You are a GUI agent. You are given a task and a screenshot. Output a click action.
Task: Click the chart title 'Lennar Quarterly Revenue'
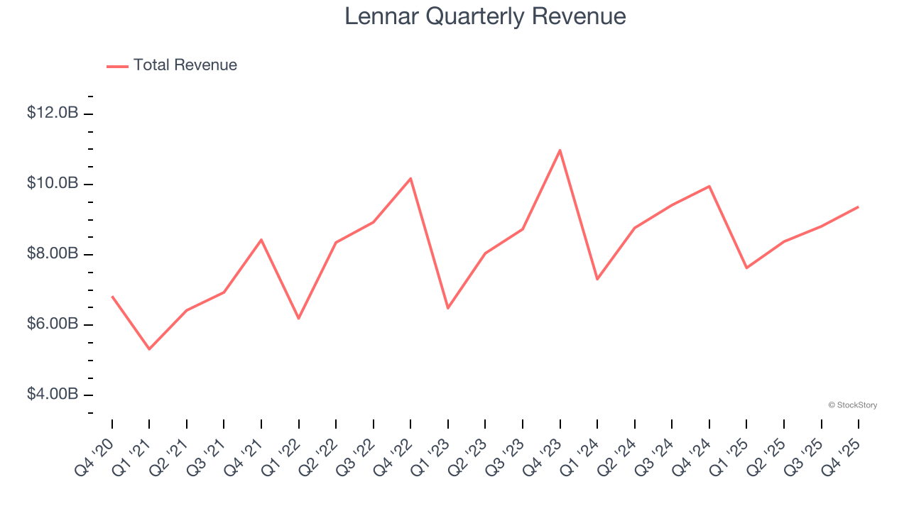[485, 16]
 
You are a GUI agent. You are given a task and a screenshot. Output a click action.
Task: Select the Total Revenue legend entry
[172, 65]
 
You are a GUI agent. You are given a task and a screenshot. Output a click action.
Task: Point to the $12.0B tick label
[53, 113]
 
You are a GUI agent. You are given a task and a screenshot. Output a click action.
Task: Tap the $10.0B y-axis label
[53, 183]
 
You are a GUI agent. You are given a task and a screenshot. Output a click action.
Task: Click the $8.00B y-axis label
[53, 253]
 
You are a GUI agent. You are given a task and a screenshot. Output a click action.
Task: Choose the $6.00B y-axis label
[53, 324]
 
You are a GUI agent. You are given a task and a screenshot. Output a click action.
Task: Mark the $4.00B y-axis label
[53, 394]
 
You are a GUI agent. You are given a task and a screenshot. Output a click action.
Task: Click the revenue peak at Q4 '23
[560, 150]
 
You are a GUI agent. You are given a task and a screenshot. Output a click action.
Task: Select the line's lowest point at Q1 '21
[149, 349]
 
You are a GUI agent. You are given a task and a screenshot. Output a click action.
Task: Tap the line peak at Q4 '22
[410, 178]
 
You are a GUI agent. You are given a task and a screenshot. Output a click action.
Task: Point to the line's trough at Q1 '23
[448, 308]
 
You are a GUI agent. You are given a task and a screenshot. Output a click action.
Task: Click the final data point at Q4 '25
[858, 207]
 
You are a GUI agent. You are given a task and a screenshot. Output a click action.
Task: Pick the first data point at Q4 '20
[112, 297]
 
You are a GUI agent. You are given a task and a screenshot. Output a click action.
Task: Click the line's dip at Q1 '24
[597, 279]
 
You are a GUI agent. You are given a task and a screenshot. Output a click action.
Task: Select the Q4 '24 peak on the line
[709, 187]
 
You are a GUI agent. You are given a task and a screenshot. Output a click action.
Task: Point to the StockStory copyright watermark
[852, 405]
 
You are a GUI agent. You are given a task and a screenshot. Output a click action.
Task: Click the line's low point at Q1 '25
[746, 268]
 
